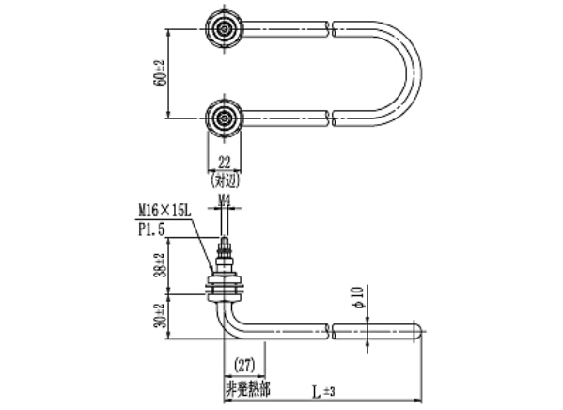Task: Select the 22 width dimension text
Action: coord(224,162)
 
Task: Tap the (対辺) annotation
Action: coord(224,177)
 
